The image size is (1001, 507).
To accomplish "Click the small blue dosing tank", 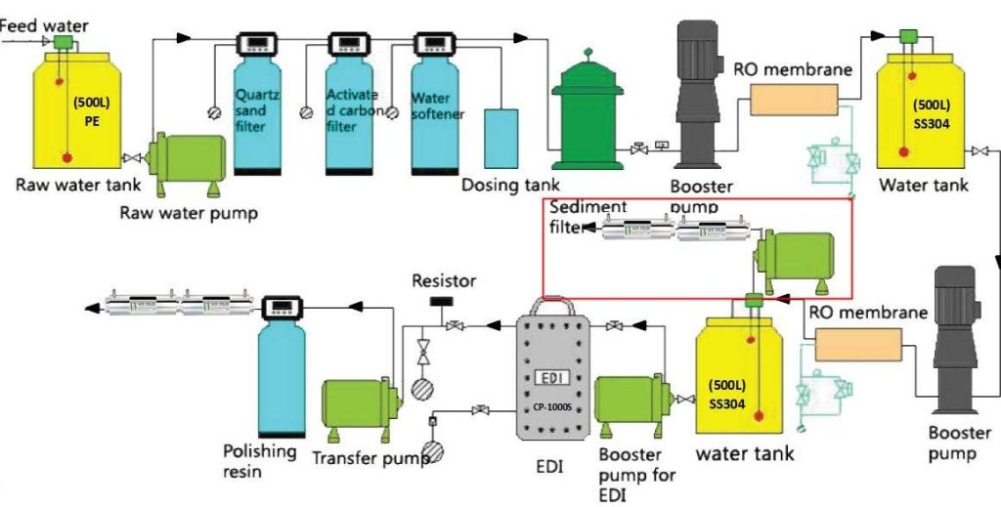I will pyautogui.click(x=501, y=138).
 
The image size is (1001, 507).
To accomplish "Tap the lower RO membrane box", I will pyautogui.click(x=857, y=345).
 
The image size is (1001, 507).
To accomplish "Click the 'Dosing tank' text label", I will pyautogui.click(x=510, y=185).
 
